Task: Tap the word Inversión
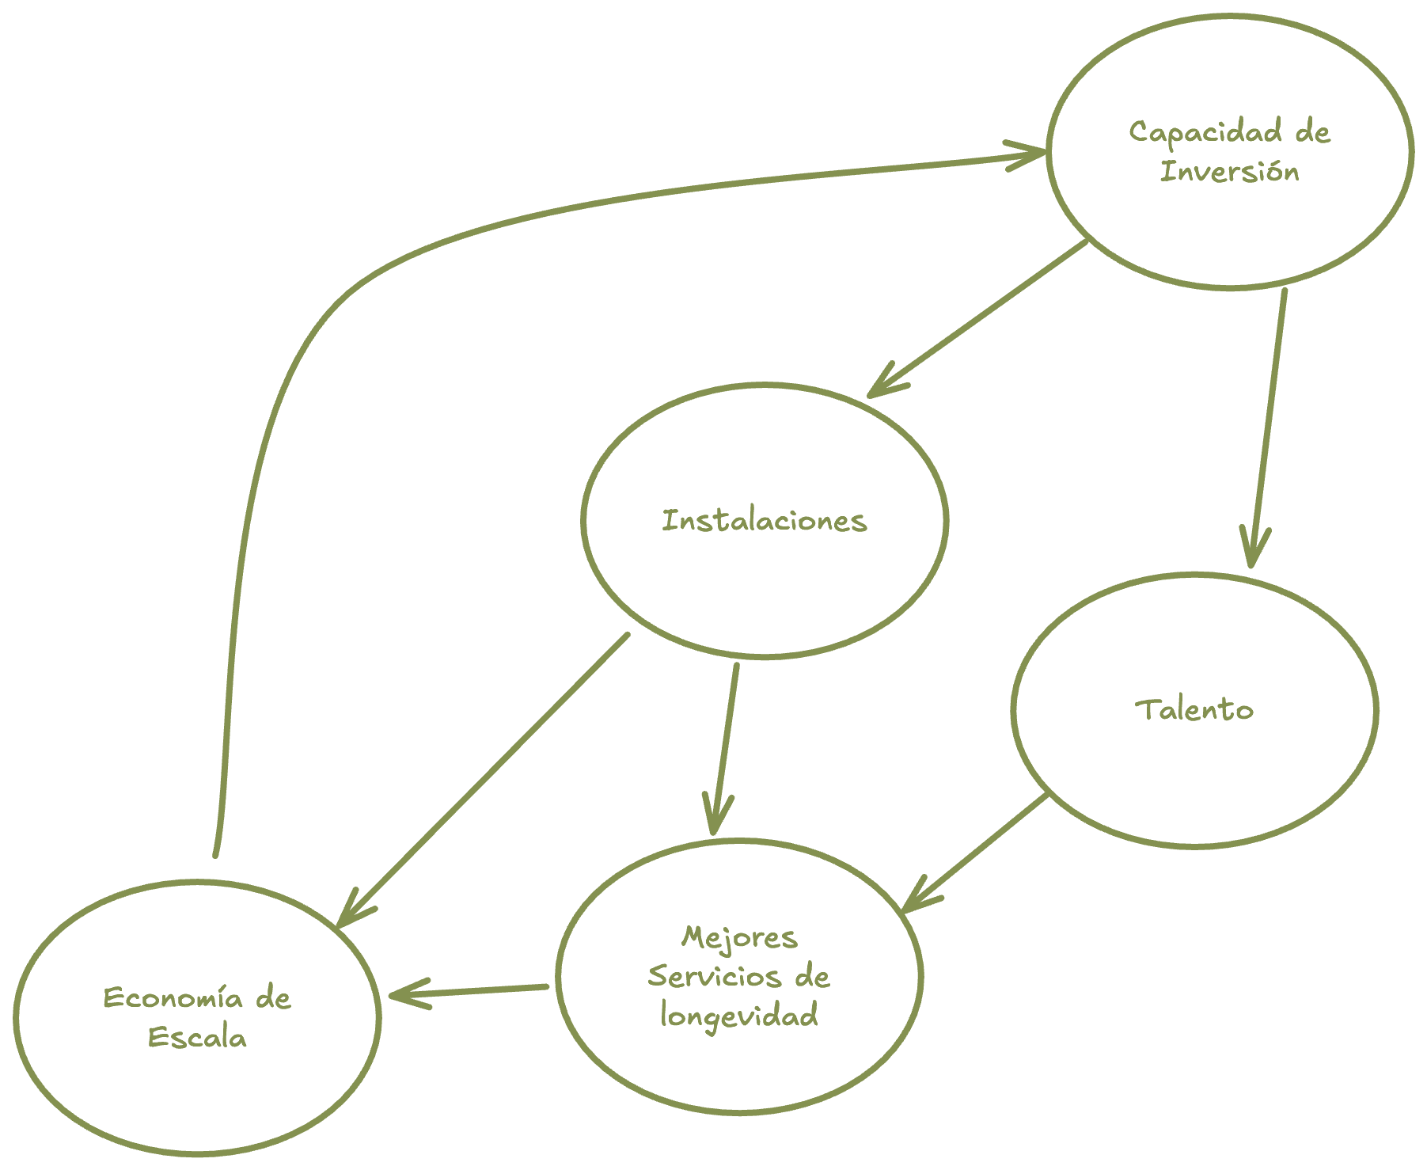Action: click(1229, 172)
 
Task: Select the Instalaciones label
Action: click(764, 521)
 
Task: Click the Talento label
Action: click(1194, 709)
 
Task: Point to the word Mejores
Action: click(738, 938)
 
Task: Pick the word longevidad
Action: click(738, 1016)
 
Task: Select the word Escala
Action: click(197, 1037)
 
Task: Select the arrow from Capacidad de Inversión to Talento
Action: click(1266, 427)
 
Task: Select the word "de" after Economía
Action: click(273, 998)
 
